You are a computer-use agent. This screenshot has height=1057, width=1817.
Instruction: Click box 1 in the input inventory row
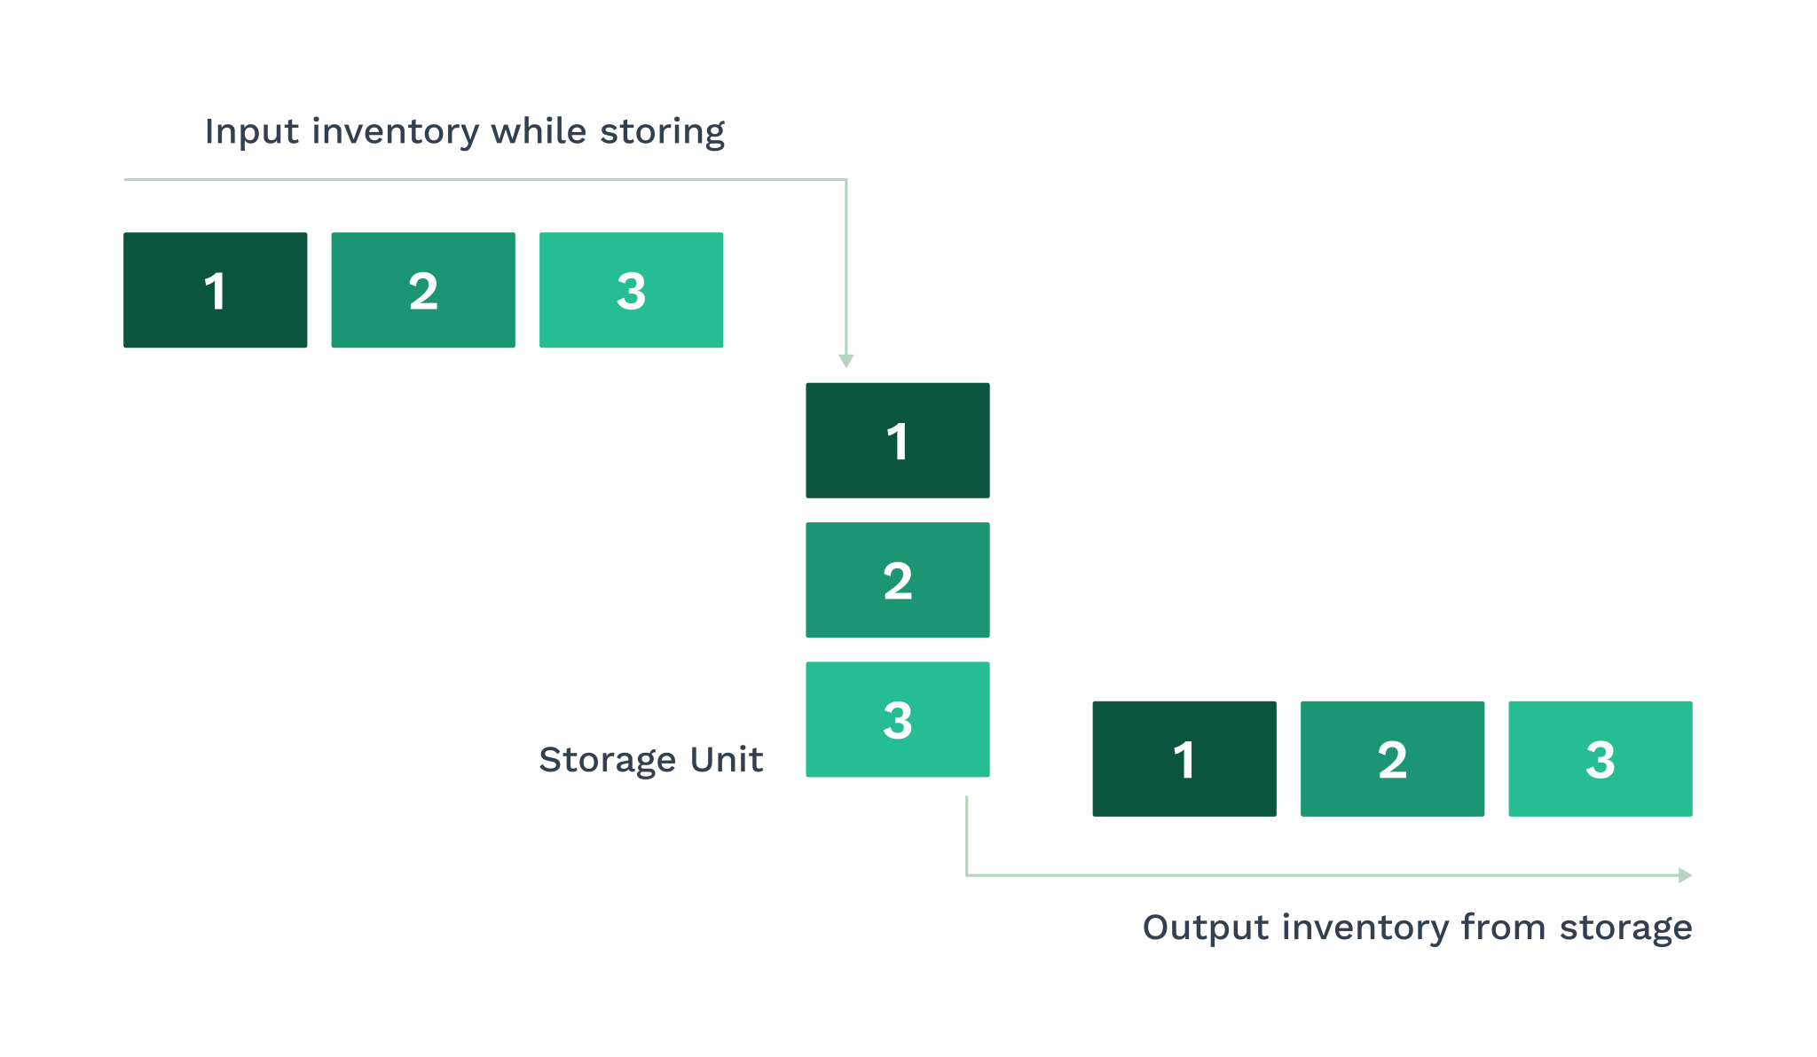pos(215,290)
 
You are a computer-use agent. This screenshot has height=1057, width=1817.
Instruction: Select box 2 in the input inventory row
pos(423,290)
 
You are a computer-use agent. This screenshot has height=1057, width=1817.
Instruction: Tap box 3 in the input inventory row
pos(631,290)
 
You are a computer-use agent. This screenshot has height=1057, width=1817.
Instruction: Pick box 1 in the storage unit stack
pos(897,441)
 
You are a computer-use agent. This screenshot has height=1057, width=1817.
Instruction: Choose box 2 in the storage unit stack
pos(897,580)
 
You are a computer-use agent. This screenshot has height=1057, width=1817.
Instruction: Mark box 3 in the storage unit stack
pos(897,719)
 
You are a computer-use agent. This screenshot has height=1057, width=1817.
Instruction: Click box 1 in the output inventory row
pos(1184,759)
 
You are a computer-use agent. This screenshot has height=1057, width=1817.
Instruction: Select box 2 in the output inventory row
pos(1392,759)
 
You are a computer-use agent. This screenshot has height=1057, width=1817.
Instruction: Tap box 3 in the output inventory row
pos(1600,759)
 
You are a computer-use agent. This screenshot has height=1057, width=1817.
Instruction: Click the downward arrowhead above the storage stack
pos(846,361)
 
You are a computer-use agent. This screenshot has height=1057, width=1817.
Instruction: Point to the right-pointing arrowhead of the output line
pos(1685,875)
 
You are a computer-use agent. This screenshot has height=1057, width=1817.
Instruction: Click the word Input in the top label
pos(251,132)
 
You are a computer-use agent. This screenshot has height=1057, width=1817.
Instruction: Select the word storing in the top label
pos(662,132)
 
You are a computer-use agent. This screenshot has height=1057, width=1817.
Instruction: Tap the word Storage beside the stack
pos(607,761)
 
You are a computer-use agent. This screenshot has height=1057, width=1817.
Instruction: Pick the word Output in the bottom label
pos(1206,928)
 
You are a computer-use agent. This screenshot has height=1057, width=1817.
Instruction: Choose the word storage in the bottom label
pos(1625,928)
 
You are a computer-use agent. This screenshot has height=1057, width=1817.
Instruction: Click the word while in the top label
pos(539,131)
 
